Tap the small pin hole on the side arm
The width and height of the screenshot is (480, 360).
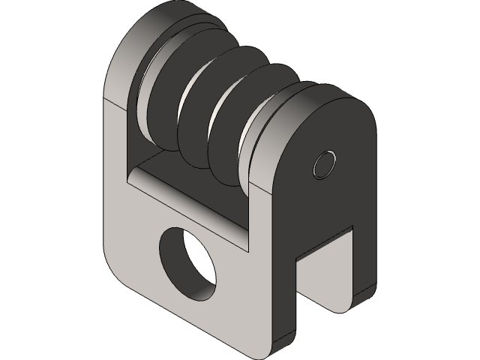point(325,163)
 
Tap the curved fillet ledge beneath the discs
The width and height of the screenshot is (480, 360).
point(187,195)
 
